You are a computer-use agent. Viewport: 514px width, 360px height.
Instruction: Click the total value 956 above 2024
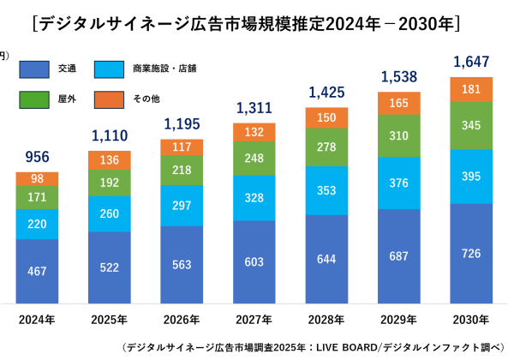(38, 158)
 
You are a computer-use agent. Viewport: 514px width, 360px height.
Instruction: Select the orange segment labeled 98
(38, 178)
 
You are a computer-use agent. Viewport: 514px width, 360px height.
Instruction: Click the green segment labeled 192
(110, 183)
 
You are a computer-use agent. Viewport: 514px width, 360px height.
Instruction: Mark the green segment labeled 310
(399, 136)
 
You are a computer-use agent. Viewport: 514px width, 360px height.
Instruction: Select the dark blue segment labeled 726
(472, 253)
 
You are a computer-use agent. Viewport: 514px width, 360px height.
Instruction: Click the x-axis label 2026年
(182, 320)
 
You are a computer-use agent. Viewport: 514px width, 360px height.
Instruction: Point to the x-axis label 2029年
(399, 320)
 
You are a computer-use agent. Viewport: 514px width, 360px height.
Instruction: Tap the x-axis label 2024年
(38, 320)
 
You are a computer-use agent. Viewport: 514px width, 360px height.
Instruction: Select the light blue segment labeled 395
(472, 177)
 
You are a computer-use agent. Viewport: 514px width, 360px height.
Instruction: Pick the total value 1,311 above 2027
(254, 108)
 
